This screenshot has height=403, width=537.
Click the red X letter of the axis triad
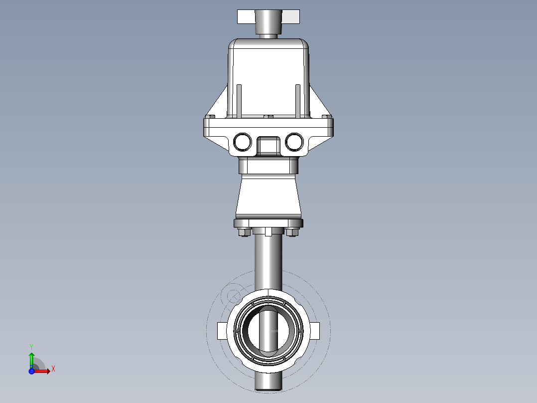point(53,369)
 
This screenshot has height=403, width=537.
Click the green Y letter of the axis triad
point(31,346)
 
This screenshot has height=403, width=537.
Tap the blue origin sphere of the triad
point(31,371)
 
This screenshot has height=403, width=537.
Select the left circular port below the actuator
point(243,142)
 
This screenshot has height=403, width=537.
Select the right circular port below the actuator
point(294,142)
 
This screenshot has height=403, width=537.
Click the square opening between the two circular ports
point(268,145)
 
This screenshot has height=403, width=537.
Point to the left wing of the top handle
point(246,17)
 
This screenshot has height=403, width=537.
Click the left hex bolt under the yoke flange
point(244,232)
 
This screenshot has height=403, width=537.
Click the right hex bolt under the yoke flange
point(292,232)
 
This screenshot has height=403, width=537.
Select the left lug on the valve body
point(222,330)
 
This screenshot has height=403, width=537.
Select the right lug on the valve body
point(316,330)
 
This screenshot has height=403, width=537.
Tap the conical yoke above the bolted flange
point(268,197)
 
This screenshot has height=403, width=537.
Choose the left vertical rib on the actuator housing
point(239,101)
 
